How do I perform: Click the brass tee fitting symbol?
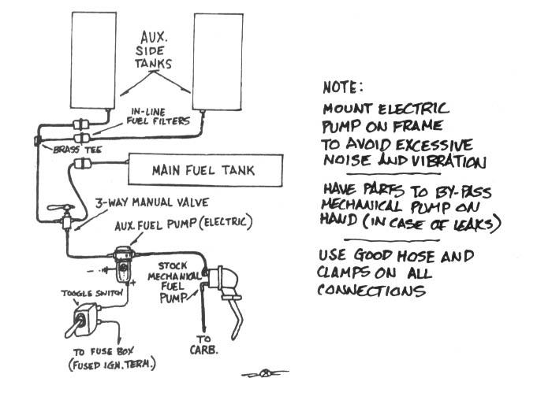(x=38, y=141)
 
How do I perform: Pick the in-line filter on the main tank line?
(x=82, y=164)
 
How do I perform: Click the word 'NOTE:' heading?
(x=342, y=87)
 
